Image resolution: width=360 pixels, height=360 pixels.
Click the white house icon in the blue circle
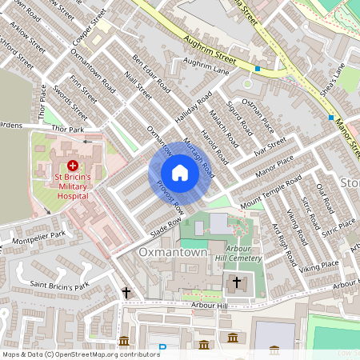(180, 173)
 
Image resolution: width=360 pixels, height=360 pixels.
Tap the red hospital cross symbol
(73, 164)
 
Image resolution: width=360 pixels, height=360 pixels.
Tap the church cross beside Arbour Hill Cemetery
(236, 282)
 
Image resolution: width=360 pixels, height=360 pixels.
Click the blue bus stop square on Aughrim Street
(258, 70)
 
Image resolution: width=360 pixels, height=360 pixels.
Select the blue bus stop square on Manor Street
(330, 118)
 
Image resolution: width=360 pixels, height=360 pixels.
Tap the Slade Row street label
(167, 223)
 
